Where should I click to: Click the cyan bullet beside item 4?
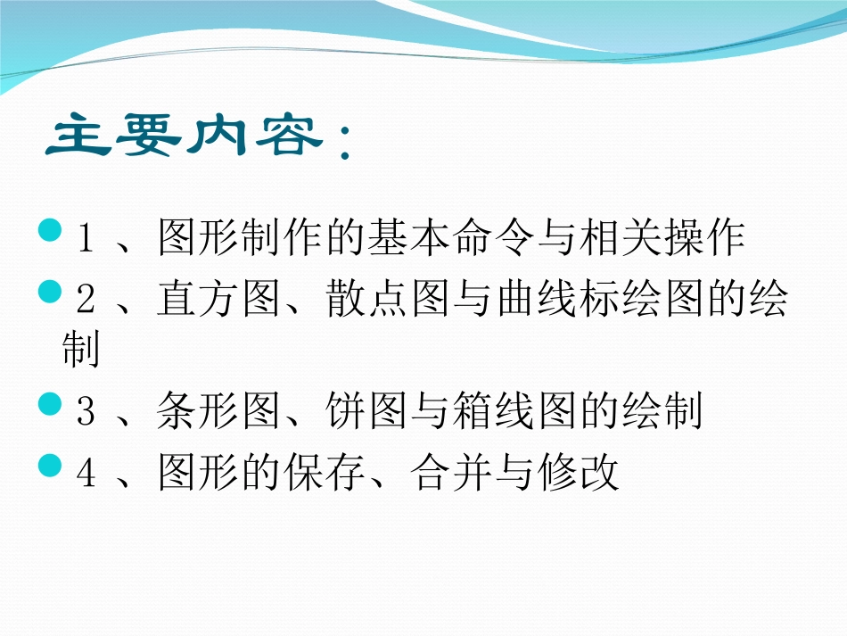(x=52, y=465)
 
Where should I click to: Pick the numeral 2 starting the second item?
(x=86, y=302)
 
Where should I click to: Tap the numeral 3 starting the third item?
(x=86, y=413)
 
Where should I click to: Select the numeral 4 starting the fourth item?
(x=86, y=474)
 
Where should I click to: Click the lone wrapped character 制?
(x=80, y=351)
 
